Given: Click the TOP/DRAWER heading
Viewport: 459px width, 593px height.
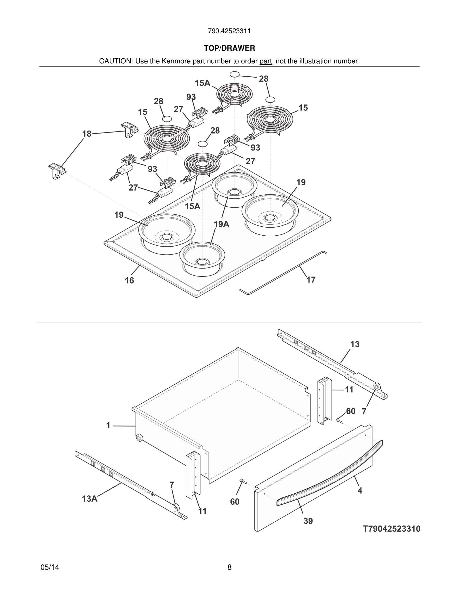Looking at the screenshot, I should coord(229,48).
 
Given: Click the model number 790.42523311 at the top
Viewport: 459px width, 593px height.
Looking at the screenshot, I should coord(229,31).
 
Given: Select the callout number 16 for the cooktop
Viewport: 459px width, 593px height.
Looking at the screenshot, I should coord(129,280).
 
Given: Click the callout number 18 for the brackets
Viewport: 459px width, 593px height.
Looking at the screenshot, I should coord(87,134).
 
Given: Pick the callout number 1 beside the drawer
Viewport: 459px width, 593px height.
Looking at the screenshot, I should coord(108,426).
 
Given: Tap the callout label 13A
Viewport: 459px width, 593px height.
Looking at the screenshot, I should coord(90,499).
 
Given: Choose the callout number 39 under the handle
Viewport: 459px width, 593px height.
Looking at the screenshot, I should coord(308,521).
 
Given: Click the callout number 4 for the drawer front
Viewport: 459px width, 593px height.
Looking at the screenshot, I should coord(360,490).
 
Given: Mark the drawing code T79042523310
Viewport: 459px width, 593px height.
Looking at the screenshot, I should coord(391,529).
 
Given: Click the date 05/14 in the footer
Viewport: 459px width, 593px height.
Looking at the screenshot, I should coord(50,567).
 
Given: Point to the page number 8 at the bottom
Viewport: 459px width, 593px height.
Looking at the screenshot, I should coord(229,567).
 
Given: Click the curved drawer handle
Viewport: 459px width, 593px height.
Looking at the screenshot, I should coord(329,474).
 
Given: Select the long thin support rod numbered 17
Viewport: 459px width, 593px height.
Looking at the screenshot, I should coord(283,272).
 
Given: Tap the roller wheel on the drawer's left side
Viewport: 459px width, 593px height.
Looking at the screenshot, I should coord(139,438).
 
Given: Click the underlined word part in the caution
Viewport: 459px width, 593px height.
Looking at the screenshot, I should coord(265,61).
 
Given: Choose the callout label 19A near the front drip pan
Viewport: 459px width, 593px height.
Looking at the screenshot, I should coord(221,224).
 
